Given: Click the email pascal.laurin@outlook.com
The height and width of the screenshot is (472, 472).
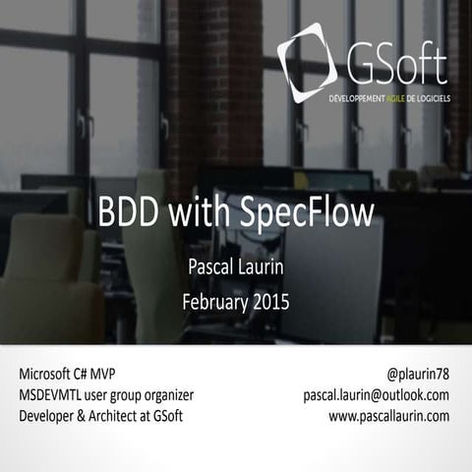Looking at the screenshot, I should (376, 395).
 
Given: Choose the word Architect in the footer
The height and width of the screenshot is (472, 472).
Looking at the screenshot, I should (114, 416).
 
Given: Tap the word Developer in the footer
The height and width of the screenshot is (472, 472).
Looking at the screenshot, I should (46, 416).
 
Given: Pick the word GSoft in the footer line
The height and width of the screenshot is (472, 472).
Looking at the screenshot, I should (164, 416).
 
